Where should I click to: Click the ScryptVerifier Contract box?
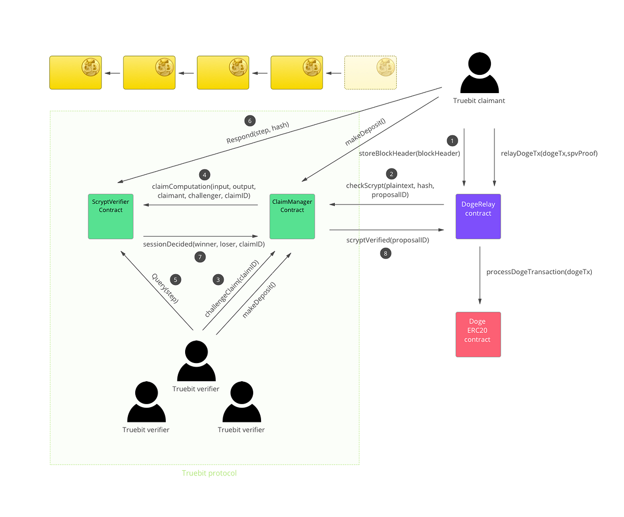pos(111,216)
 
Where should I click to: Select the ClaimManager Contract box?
pos(292,216)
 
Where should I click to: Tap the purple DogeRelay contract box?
pos(478,216)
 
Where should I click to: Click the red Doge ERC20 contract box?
pos(478,334)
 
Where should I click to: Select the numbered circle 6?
pos(250,121)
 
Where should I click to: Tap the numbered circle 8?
pos(385,253)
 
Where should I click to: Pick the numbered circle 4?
pos(205,175)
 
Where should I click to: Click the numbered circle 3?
pos(218,280)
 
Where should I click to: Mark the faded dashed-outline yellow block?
pos(370,72)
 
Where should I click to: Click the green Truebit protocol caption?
pos(209,473)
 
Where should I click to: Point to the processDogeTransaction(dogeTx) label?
pos(539,272)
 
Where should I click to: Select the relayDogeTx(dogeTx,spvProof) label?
pos(549,153)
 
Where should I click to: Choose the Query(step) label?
pos(164,288)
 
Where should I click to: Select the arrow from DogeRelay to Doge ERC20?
pos(479,276)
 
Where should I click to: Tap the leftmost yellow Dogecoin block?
pos(75,72)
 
